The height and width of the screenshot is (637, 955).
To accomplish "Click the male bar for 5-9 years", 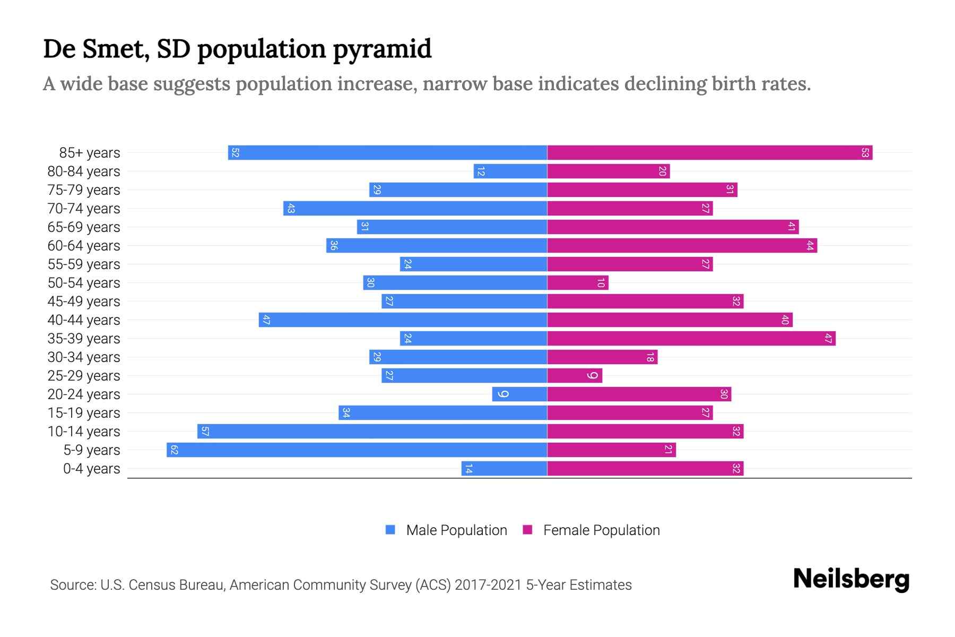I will click(357, 450).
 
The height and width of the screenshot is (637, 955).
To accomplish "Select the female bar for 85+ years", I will click(709, 153).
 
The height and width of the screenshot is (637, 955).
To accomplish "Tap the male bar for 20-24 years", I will click(519, 394).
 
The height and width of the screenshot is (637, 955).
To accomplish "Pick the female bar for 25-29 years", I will click(575, 376).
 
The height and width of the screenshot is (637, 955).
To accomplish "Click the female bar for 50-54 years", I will click(577, 283).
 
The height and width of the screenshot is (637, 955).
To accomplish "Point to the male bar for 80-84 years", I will click(510, 171).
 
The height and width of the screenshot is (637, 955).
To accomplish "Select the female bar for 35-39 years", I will click(691, 339).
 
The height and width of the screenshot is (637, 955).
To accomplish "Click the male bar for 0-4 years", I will click(504, 469).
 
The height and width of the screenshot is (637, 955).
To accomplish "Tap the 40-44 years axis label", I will click(84, 320).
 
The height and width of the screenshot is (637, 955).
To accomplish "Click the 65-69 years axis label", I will click(84, 227).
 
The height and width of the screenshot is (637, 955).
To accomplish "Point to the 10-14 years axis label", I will click(84, 432).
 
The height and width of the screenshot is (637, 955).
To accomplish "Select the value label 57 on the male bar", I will click(205, 432).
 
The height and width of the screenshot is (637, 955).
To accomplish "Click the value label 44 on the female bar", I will click(810, 246).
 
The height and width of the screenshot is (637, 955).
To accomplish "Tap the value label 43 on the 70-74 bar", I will click(291, 209).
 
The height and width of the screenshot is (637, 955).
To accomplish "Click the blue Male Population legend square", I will click(390, 530).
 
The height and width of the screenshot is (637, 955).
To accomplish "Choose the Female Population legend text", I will click(601, 530).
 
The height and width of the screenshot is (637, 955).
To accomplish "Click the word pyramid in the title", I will click(382, 49).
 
